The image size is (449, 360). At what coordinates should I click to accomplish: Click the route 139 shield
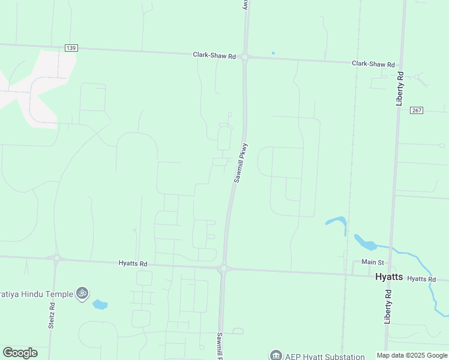pos(71,48)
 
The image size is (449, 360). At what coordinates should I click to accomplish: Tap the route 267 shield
pos(417,110)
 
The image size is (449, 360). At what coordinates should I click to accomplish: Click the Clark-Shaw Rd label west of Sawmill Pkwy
pos(214,55)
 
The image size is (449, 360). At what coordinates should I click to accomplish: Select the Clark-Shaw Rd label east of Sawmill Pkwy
pos(373,64)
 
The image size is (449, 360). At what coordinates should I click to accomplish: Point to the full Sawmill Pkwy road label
pos(241,163)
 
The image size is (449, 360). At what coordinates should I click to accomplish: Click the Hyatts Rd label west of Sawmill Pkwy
pos(133,263)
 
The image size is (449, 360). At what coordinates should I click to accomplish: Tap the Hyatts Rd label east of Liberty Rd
pos(422,279)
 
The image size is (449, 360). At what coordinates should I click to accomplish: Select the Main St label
pos(372,262)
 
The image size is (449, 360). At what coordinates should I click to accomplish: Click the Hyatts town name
pos(389,277)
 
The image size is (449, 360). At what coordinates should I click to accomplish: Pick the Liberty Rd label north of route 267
pos(400,89)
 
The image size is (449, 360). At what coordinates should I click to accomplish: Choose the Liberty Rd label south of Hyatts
pos(388,307)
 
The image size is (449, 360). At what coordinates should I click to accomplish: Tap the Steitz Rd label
pos(53,314)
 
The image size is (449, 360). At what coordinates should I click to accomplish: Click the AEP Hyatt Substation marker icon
pos(276,355)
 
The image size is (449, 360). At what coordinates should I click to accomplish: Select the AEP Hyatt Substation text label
pos(324,356)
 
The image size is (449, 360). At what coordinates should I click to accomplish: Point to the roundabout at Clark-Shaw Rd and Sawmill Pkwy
pos(245,57)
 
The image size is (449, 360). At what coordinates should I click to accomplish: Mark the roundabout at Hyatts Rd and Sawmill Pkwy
pos(223,268)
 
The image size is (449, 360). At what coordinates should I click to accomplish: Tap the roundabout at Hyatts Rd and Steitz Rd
pos(56,259)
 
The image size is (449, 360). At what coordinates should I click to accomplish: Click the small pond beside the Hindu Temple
pos(100,305)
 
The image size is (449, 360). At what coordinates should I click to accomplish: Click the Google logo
pos(20,353)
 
